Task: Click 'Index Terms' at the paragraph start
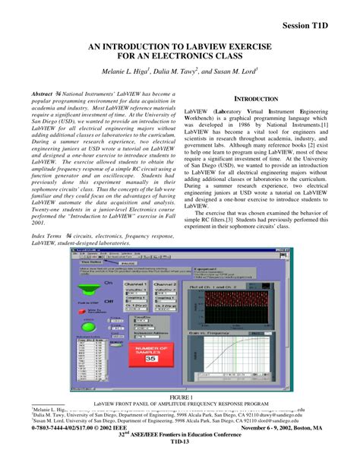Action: coord(46,236)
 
